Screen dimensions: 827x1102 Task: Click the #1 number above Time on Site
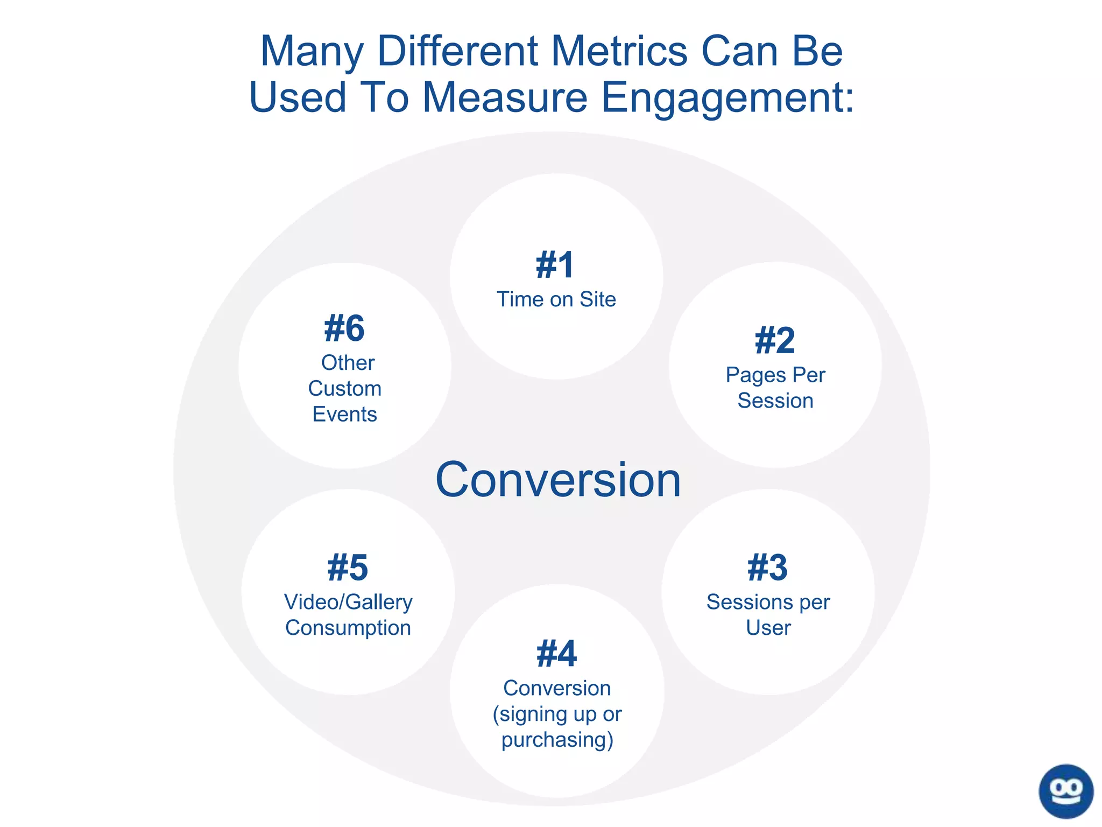click(555, 265)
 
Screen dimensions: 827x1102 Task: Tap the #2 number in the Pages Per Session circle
click(775, 341)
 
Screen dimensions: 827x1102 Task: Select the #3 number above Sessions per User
click(768, 568)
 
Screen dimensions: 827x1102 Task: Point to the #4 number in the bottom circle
click(556, 654)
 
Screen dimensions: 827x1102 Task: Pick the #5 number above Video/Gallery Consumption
click(348, 568)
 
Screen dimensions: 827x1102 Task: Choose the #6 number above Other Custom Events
click(344, 329)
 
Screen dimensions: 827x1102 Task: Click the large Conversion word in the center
click(558, 480)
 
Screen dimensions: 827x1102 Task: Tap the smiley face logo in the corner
click(1066, 791)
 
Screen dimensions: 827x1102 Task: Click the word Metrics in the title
click(619, 52)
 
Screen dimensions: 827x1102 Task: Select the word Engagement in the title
click(726, 98)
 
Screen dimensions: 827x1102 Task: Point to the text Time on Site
click(556, 299)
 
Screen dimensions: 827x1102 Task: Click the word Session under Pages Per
click(775, 401)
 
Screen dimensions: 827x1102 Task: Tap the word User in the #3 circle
click(768, 628)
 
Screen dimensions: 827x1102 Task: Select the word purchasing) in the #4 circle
click(557, 740)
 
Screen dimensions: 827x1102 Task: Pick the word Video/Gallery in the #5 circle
click(348, 602)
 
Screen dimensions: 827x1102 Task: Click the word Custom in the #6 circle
click(344, 389)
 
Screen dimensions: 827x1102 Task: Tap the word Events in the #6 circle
click(344, 415)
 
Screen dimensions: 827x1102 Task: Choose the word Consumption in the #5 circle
click(348, 628)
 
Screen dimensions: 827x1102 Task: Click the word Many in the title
click(312, 52)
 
